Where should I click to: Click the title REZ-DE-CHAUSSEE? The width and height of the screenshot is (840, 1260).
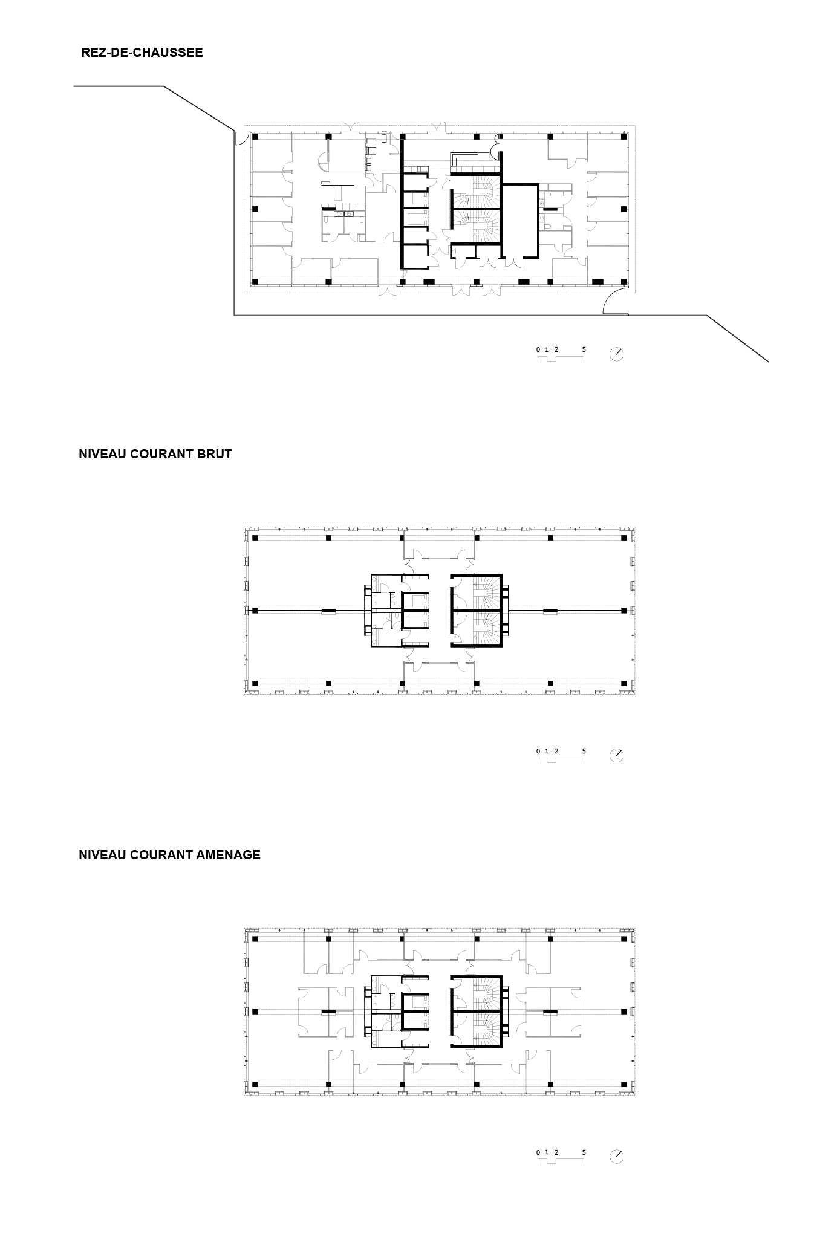click(142, 53)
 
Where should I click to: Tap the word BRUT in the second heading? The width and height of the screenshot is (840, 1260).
click(214, 454)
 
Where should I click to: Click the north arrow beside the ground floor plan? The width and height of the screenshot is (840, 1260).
click(616, 354)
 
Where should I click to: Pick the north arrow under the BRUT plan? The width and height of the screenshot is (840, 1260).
click(616, 755)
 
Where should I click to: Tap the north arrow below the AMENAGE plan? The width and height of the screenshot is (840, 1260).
click(616, 1156)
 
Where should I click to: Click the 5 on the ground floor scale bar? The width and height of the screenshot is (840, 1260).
click(584, 349)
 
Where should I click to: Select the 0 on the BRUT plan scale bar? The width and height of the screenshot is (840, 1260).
click(538, 751)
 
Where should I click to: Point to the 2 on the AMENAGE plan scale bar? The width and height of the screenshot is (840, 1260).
click(556, 1152)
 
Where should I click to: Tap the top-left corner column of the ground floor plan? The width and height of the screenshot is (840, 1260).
click(255, 137)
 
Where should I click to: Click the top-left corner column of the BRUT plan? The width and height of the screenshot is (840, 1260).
click(255, 537)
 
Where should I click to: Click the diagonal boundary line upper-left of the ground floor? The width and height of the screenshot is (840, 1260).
click(200, 108)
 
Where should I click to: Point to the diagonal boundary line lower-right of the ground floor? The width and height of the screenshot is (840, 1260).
click(738, 339)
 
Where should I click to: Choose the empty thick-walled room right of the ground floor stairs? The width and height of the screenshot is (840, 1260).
click(521, 221)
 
